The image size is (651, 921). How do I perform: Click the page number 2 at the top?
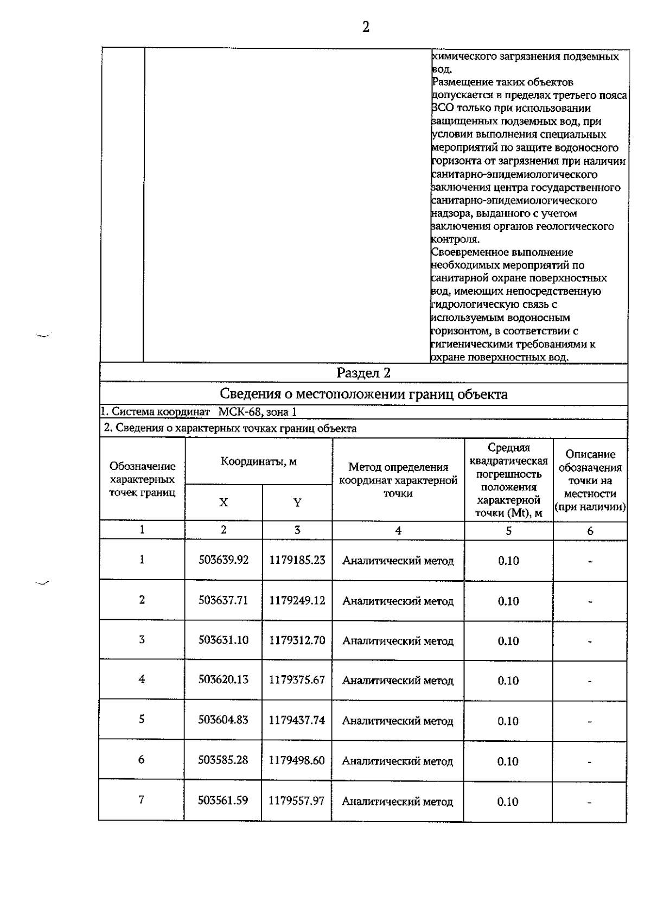[x=366, y=27]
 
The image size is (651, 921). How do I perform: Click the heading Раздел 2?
[x=363, y=373]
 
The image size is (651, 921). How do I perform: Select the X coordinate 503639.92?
[x=224, y=560]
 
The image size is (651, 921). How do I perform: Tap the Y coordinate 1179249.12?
[x=297, y=600]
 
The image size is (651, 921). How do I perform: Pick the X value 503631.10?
[x=224, y=640]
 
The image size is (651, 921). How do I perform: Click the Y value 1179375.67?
[x=297, y=679]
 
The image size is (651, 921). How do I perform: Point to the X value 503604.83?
[x=224, y=720]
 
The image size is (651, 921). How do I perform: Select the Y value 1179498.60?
[x=297, y=760]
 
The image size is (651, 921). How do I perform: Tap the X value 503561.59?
[x=223, y=800]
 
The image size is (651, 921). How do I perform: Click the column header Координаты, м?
[x=259, y=462]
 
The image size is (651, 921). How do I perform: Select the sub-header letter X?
[x=224, y=503]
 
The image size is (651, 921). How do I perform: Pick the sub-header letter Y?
[x=297, y=503]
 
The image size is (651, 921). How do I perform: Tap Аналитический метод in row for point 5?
[x=398, y=721]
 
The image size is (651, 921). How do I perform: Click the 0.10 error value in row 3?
[x=508, y=641]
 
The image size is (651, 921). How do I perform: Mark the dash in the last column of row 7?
[x=590, y=802]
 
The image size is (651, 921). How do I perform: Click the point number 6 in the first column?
[x=142, y=759]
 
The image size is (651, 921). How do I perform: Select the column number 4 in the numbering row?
[x=398, y=531]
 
